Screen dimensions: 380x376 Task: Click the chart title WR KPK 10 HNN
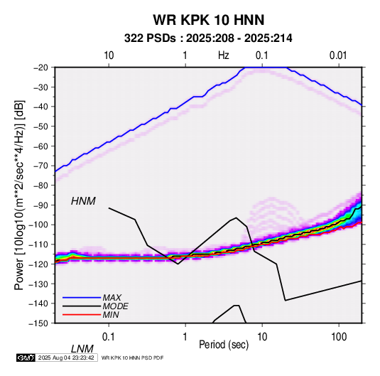208,20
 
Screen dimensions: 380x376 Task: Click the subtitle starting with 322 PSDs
208,38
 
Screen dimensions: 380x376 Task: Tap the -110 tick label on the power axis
39,245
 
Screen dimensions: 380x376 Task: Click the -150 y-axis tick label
39,323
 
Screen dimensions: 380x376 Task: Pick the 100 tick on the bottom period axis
339,337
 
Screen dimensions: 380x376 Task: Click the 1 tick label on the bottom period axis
185,337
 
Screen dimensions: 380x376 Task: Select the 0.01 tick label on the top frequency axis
338,55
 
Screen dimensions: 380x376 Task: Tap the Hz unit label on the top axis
224,55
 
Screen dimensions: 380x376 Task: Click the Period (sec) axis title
224,345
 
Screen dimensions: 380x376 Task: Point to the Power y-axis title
19,195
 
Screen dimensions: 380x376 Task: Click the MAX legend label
112,297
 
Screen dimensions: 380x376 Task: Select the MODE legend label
115,306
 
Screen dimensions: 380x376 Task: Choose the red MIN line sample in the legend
82,315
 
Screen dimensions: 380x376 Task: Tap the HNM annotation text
83,201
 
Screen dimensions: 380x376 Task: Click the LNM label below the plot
82,349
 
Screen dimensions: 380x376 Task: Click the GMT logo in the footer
26,358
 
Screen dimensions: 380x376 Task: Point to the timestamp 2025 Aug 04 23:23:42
66,358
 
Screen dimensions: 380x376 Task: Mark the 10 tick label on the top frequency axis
109,55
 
